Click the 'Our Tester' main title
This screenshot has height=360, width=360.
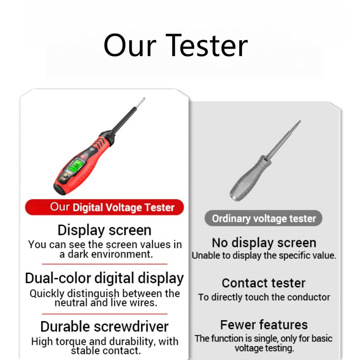[x=176, y=45]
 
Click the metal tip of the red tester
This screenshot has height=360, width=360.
[x=140, y=103]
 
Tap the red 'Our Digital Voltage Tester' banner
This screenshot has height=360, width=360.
[x=104, y=207]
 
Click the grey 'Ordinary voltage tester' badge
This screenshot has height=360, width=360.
[x=264, y=218]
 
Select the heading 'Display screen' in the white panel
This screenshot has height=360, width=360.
[x=104, y=230]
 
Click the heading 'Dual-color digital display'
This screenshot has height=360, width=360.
[x=104, y=278]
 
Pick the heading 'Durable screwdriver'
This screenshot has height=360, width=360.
[x=104, y=327]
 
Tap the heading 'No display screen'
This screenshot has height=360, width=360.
[x=264, y=243]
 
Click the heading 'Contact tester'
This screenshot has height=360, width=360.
[x=264, y=283]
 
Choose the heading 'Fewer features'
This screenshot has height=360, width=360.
[x=264, y=325]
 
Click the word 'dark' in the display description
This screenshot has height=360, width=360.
[x=78, y=254]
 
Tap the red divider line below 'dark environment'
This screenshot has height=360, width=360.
[x=104, y=264]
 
